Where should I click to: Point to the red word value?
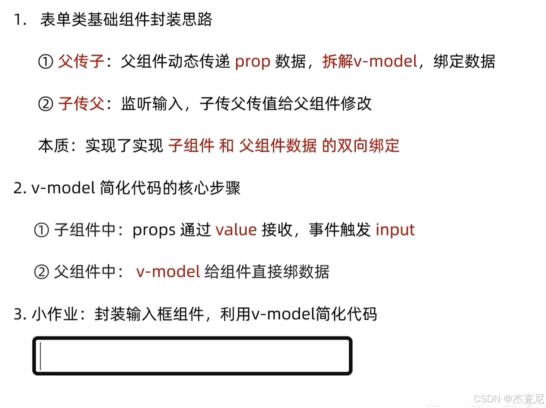pos(236,230)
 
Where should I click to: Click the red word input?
pos(395,230)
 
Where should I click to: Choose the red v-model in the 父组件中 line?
pos(168,272)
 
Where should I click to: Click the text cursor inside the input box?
pos(40,356)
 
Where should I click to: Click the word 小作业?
pos(54,314)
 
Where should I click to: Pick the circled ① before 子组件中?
pos(41,231)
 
